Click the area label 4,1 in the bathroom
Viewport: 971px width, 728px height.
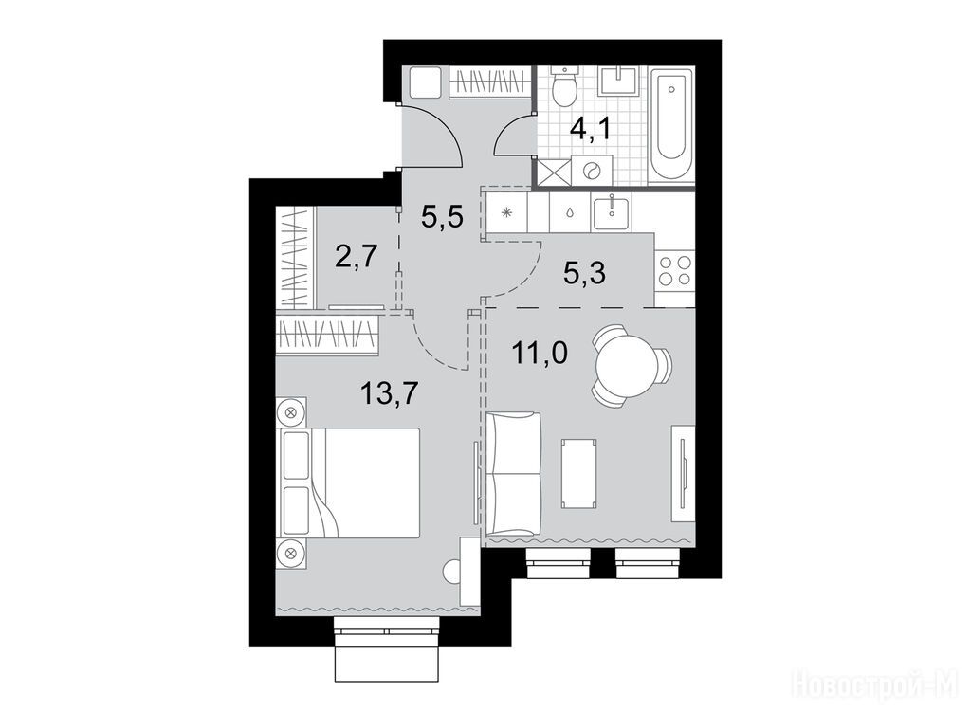(x=590, y=131)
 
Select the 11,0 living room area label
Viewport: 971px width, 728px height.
(x=539, y=355)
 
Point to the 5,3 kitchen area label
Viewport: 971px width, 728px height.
(x=584, y=272)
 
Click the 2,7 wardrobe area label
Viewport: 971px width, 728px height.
(x=357, y=256)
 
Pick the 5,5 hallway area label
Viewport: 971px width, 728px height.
(x=442, y=217)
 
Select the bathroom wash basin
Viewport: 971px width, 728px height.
(x=620, y=82)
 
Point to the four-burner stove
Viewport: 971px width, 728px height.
(x=674, y=270)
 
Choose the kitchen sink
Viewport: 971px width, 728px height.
(x=612, y=211)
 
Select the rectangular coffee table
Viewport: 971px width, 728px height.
(x=579, y=474)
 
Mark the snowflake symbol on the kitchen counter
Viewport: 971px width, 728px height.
(x=506, y=213)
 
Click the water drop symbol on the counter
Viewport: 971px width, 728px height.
(x=569, y=211)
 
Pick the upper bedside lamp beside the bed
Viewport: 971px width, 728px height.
(x=291, y=410)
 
